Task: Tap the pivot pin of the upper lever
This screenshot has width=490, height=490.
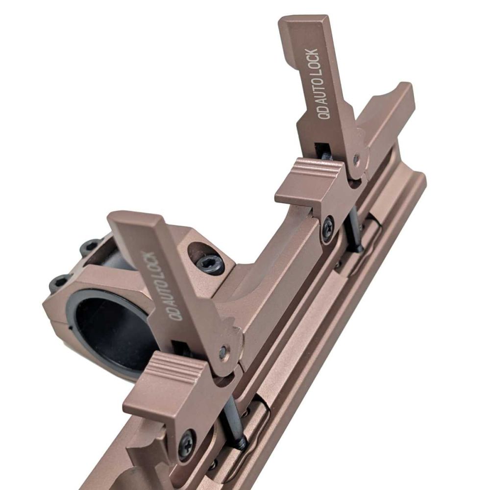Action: click(356, 158)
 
